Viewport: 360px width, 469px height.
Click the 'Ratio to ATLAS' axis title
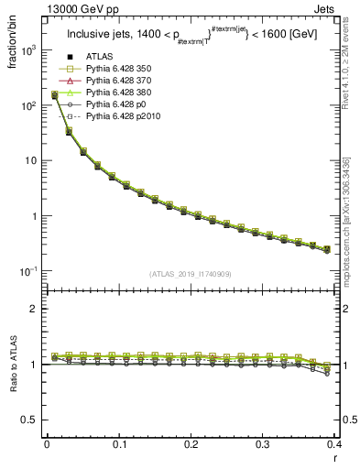click(x=13, y=366)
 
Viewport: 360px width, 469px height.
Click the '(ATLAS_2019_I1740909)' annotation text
click(x=191, y=274)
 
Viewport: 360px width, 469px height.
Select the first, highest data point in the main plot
click(x=54, y=94)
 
